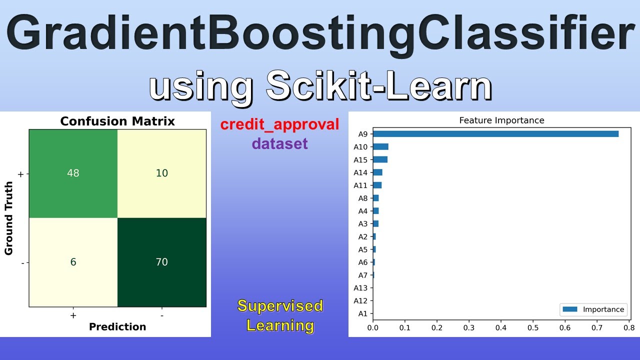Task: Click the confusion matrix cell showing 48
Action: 73,173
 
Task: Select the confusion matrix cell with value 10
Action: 161,173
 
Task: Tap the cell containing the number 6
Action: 73,262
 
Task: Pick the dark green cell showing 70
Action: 161,262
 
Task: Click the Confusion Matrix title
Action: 117,121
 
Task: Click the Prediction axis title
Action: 117,326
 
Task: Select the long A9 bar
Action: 495,134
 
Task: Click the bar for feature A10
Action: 380,146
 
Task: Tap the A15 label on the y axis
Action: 360,160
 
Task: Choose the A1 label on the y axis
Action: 362,314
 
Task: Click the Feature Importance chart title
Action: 501,120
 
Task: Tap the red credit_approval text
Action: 279,124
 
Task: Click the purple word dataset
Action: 279,144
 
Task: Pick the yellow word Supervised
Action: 280,305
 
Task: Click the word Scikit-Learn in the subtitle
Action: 378,86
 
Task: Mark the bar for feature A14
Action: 377,172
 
